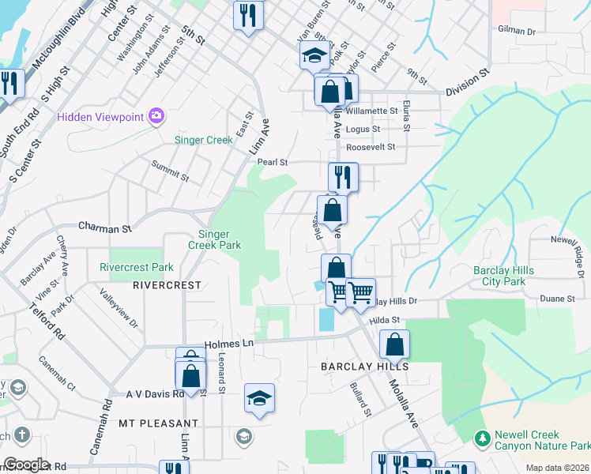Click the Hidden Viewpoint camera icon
[x=156, y=117]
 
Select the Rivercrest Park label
[x=137, y=268]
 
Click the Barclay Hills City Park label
[x=503, y=276]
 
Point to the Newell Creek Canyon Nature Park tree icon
[x=481, y=438]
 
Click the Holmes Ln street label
[x=229, y=344]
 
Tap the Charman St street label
[x=104, y=228]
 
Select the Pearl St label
[x=272, y=162]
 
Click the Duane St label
[x=557, y=299]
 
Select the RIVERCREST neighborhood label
[x=167, y=284]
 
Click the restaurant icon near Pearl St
[x=344, y=176]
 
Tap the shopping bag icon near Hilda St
[x=394, y=344]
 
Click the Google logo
[x=26, y=465]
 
